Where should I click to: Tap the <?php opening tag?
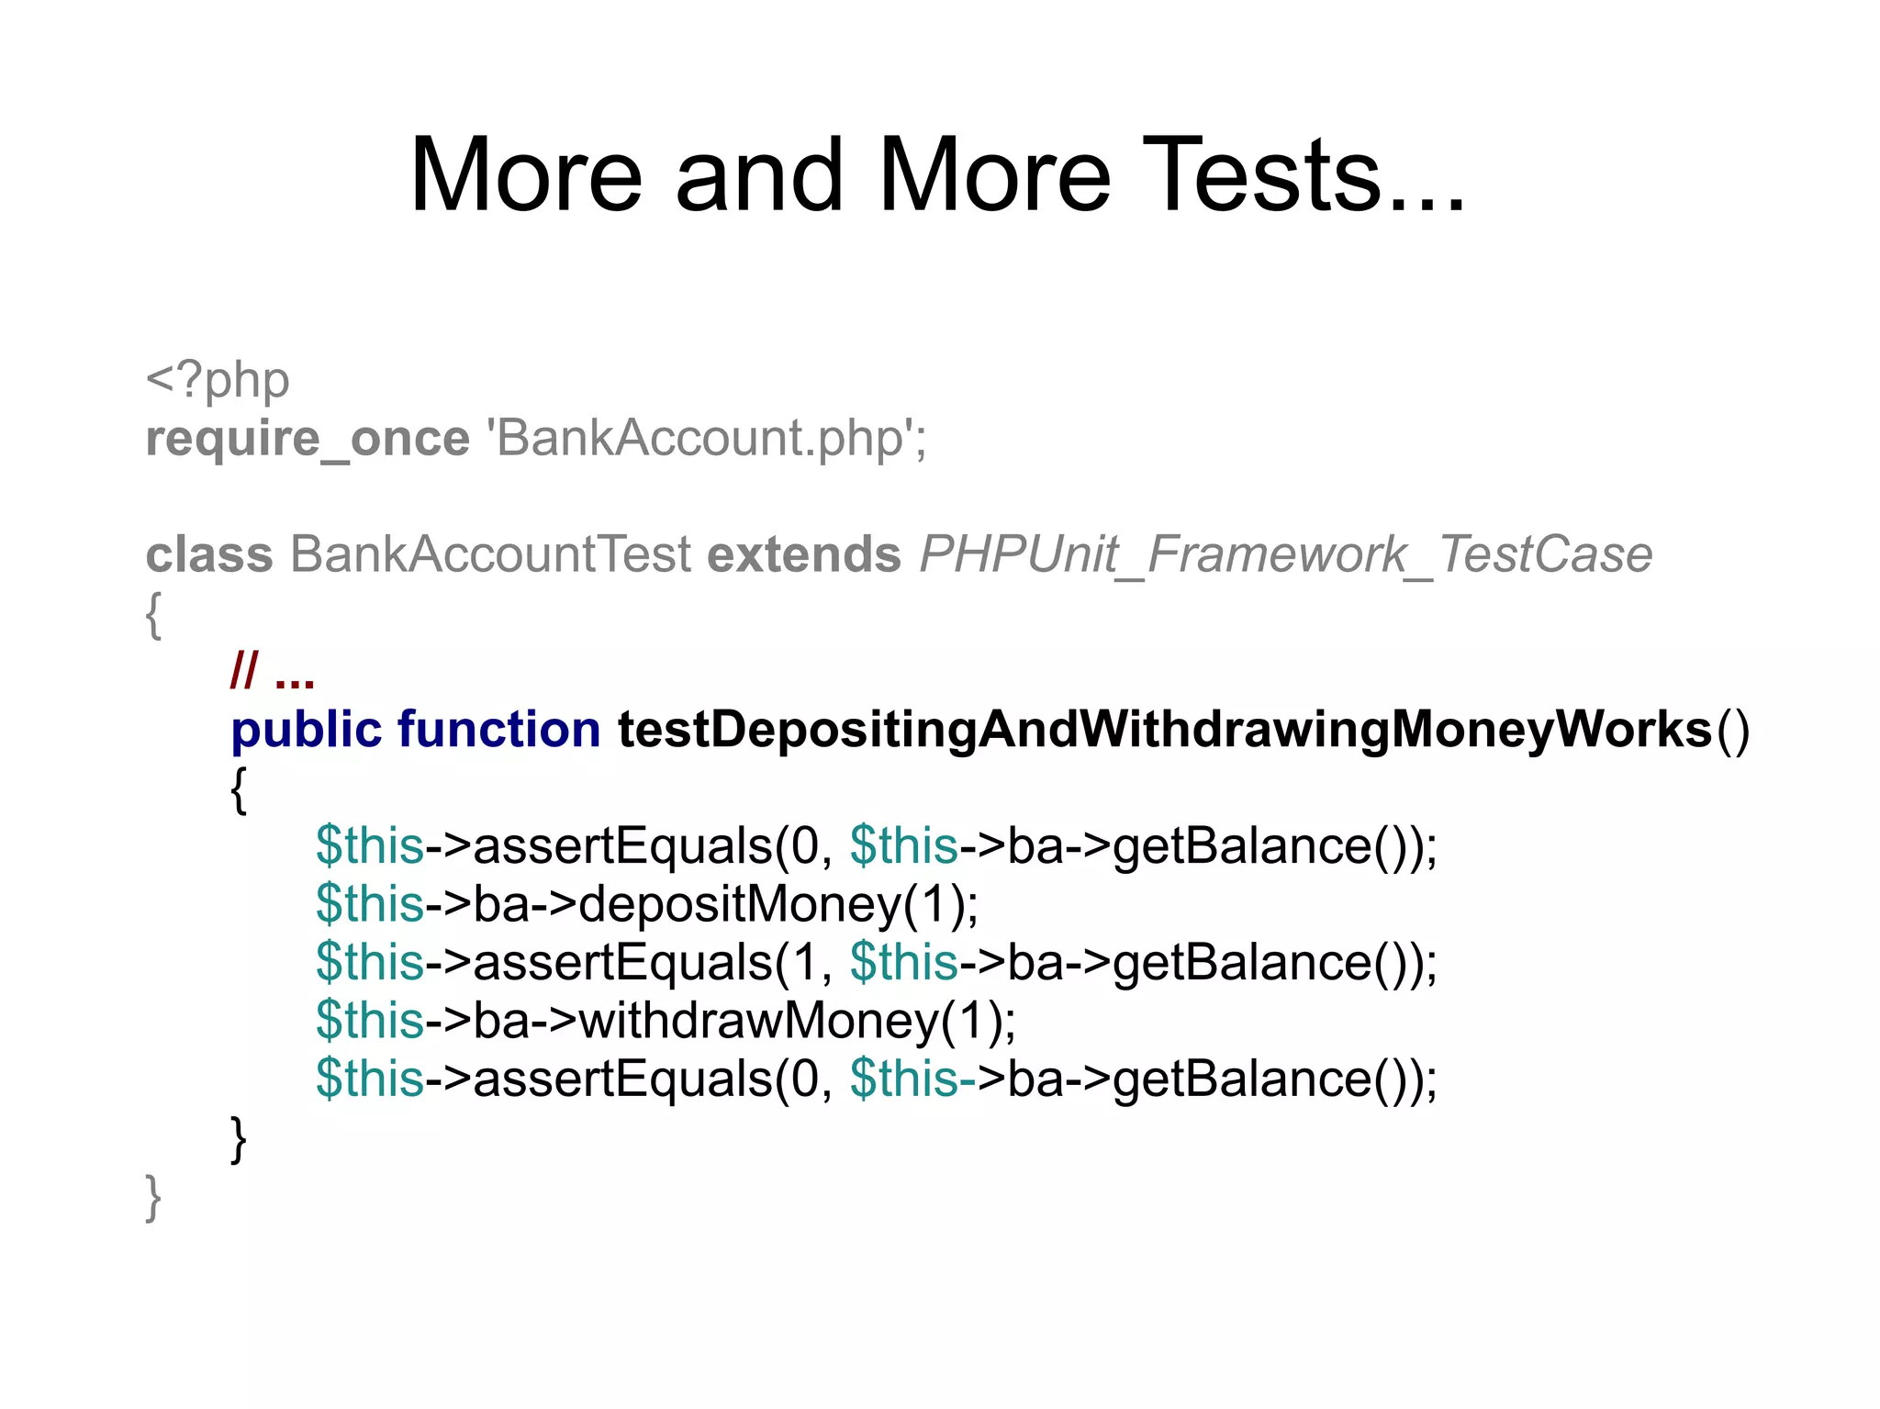[218, 380]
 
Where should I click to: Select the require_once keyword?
[308, 438]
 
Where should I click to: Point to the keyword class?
[209, 554]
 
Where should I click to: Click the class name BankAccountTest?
[490, 554]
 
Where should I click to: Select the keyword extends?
[804, 554]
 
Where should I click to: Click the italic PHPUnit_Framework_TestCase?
[1285, 554]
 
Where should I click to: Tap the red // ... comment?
[273, 672]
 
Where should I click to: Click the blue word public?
[306, 731]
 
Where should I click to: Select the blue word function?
[498, 731]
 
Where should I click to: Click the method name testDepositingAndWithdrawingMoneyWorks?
[1164, 731]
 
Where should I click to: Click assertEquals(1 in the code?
[643, 962]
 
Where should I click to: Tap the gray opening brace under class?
[153, 615]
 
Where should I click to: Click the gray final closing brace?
[153, 1198]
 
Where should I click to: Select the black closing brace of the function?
[239, 1139]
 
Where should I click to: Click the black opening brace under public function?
[239, 789]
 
